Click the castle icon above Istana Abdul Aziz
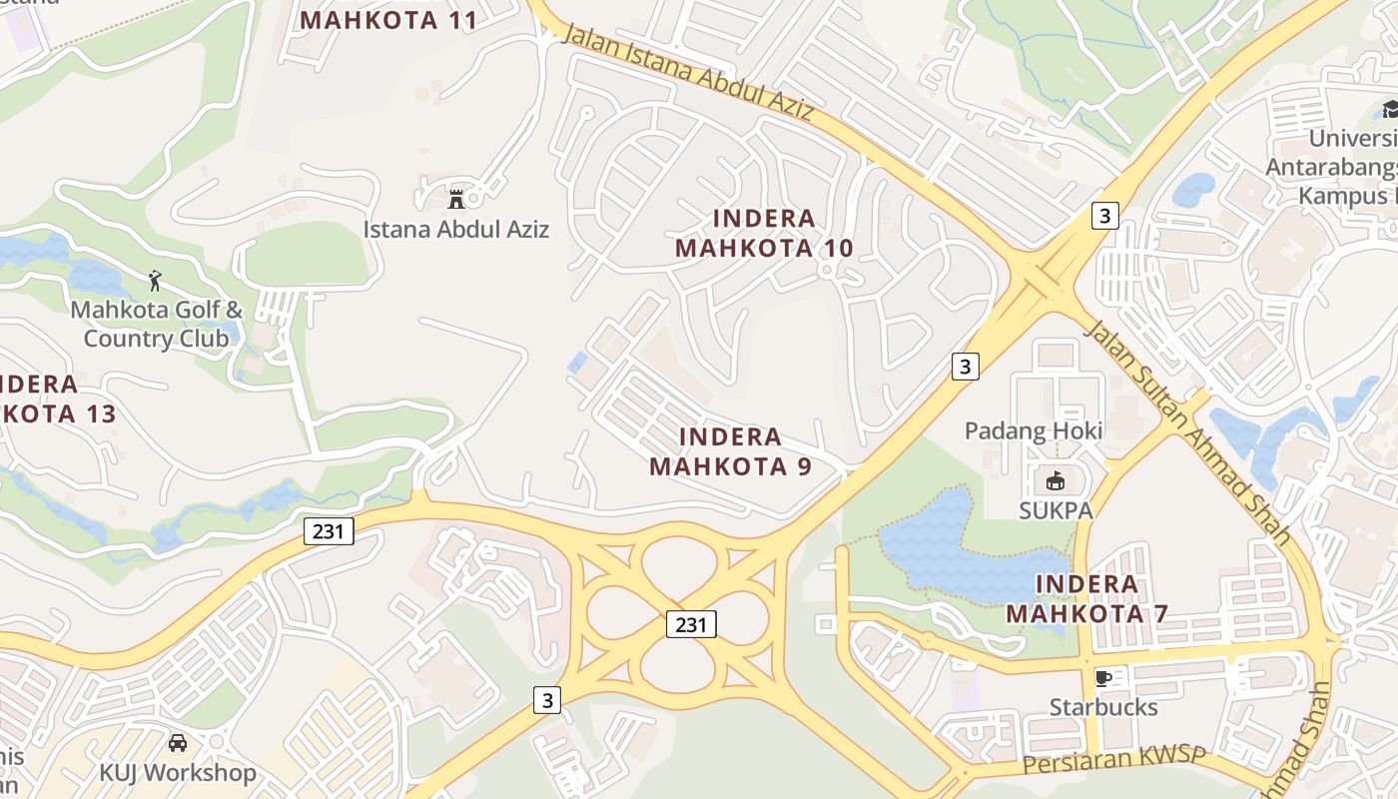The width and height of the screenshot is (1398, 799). (456, 198)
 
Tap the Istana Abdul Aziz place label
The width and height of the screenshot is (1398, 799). (455, 229)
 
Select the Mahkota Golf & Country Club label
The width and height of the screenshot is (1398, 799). (156, 324)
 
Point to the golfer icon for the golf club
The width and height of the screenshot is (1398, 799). (155, 281)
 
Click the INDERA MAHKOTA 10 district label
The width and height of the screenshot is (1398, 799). (765, 233)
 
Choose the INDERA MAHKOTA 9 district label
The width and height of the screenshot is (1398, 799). (730, 450)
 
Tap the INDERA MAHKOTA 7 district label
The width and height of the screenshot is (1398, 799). (1086, 598)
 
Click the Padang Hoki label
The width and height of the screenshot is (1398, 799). (1034, 430)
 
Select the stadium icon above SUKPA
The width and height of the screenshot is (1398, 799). (1054, 481)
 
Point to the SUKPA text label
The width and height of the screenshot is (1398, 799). (1055, 510)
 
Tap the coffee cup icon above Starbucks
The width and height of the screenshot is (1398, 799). (1103, 678)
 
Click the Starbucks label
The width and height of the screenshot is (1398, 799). (1103, 707)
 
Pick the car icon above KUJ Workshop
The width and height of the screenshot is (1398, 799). (178, 743)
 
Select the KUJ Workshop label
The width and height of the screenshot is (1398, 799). (178, 772)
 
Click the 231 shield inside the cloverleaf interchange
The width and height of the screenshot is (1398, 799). (691, 625)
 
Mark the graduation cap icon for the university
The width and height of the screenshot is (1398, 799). (1389, 110)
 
